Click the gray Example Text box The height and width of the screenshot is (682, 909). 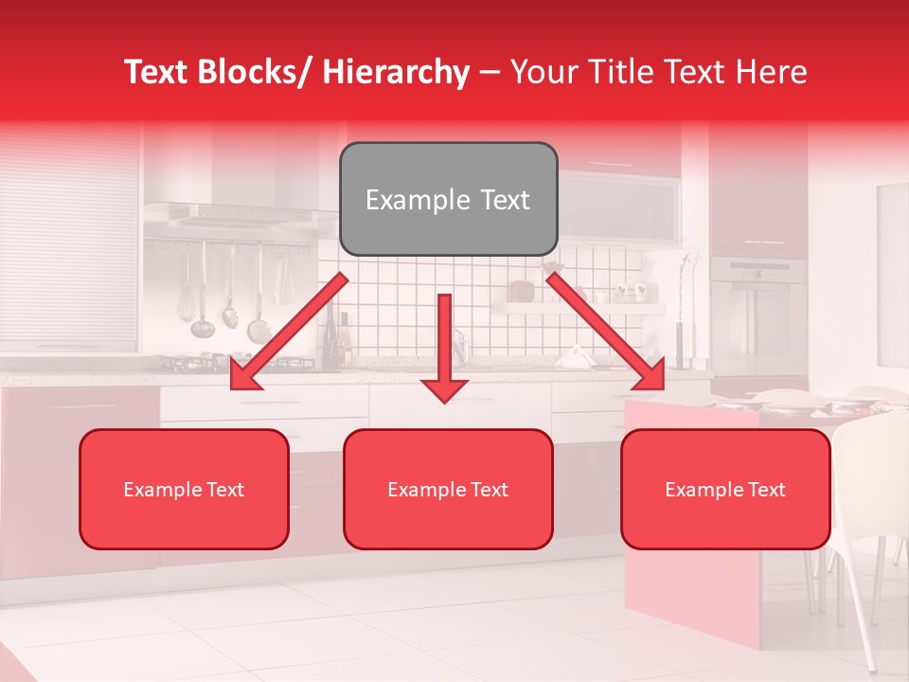pos(448,199)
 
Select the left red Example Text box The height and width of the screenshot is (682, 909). pos(184,489)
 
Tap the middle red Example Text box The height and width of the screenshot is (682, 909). pos(448,489)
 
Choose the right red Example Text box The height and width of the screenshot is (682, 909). pos(725,489)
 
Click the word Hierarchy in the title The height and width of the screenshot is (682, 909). pos(396,72)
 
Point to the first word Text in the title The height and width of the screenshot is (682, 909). pos(160,72)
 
